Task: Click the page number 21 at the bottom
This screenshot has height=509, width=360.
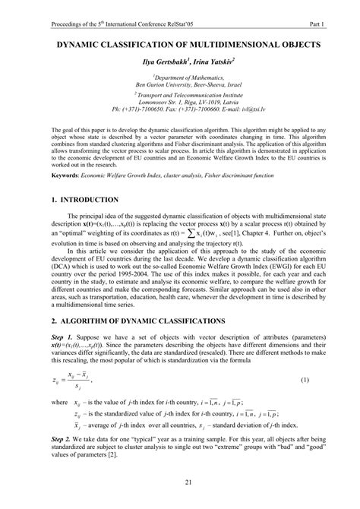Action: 180,485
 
